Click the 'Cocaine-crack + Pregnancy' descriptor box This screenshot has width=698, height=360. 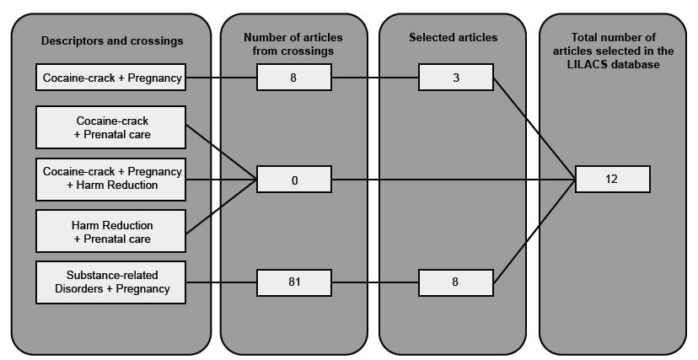click(x=110, y=79)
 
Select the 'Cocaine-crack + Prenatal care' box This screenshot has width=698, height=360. click(x=110, y=127)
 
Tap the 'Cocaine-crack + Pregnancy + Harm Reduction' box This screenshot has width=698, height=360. click(x=110, y=179)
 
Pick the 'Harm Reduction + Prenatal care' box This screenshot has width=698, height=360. click(x=110, y=232)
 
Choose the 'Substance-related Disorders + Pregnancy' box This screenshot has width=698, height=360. click(x=110, y=282)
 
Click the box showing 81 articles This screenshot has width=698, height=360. click(x=294, y=282)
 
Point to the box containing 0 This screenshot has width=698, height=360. click(x=294, y=180)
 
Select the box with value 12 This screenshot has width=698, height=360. click(x=612, y=180)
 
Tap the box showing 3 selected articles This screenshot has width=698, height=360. click(x=455, y=79)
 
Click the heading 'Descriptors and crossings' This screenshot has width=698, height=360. click(x=111, y=40)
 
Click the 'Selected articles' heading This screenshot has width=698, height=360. click(x=454, y=37)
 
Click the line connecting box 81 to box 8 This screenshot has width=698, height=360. click(x=374, y=282)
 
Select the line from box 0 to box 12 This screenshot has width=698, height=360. click(x=455, y=180)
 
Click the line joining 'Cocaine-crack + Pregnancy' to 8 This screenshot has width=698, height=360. click(x=220, y=79)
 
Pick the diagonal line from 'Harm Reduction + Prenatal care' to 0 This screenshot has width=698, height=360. click(x=220, y=206)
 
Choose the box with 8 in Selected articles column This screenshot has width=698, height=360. click(x=455, y=282)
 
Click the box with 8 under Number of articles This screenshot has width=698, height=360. click(x=294, y=79)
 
